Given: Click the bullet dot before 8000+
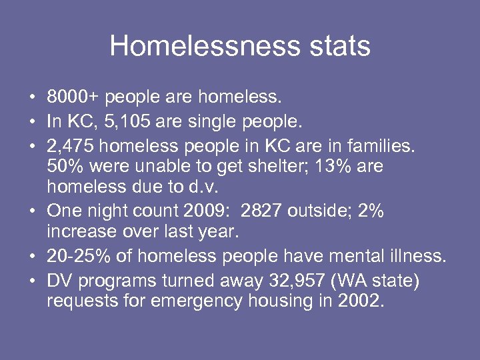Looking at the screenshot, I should pos(32,99).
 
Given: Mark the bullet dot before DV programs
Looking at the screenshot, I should pos(32,280).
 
